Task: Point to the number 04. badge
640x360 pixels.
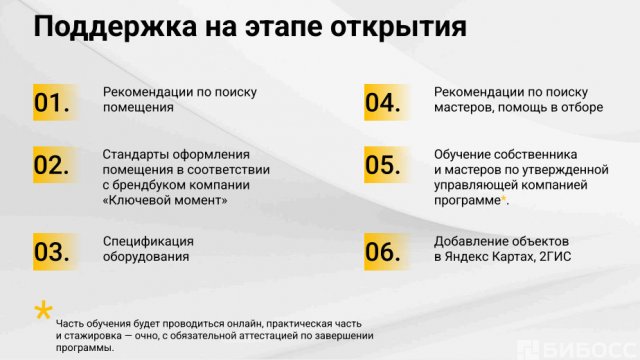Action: click(383, 102)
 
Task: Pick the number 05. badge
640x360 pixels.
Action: click(383, 166)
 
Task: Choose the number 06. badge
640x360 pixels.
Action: click(383, 252)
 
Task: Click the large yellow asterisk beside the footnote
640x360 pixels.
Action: click(43, 312)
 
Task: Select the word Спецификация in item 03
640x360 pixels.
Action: click(148, 241)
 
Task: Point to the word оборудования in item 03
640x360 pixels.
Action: click(146, 256)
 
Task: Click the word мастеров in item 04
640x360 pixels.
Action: click(461, 107)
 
